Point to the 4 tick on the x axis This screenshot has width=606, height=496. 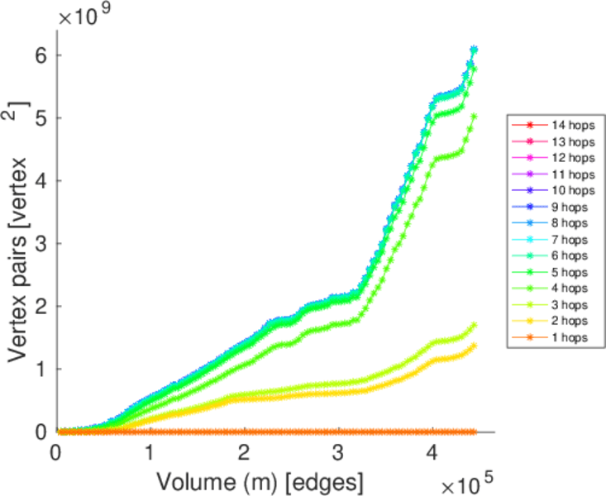click(x=432, y=453)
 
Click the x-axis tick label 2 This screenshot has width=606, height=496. click(x=244, y=453)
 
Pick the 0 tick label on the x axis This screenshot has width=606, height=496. click(x=56, y=453)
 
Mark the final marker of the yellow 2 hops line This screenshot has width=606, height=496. click(x=474, y=346)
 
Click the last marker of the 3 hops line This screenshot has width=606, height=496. click(x=474, y=325)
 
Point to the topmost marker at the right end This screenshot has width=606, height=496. click(x=474, y=50)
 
